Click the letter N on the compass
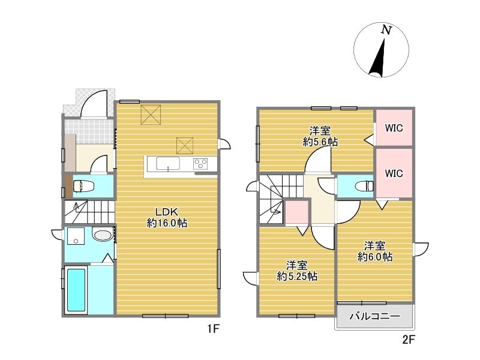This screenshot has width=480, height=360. click(386, 29)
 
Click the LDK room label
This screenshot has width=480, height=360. click(167, 212)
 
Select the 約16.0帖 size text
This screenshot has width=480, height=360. click(167, 223)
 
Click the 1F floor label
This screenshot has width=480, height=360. click(213, 329)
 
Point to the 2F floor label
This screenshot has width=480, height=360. click(408, 340)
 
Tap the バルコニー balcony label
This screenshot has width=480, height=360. click(374, 316)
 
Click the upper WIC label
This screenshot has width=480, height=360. click(394, 128)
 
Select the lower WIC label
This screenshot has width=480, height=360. click(394, 173)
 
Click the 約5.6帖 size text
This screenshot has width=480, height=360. click(320, 142)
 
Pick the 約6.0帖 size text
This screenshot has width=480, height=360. click(375, 257)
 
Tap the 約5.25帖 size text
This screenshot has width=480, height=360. click(297, 277)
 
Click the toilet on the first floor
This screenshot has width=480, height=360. click(83, 186)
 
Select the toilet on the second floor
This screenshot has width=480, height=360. click(364, 186)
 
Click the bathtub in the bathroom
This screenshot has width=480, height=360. click(76, 290)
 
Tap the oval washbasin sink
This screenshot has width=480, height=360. click(103, 235)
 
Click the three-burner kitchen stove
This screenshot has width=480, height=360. click(200, 163)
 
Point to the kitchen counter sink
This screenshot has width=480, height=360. click(168, 163)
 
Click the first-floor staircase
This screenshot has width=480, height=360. click(89, 212)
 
